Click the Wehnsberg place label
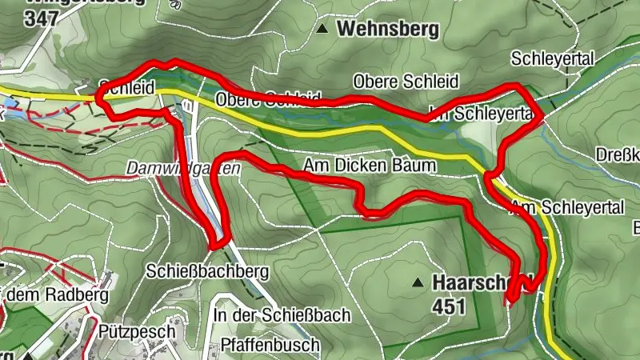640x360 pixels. (x=388, y=30)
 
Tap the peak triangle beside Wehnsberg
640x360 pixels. (x=322, y=30)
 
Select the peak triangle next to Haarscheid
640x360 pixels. (x=418, y=282)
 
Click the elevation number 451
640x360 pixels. (x=449, y=306)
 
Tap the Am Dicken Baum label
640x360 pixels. (x=369, y=166)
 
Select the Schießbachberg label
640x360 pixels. (x=201, y=271)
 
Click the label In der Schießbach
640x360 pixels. (x=281, y=315)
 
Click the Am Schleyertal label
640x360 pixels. (x=567, y=208)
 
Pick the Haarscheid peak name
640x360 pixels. (x=480, y=282)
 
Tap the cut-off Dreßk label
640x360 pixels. (x=618, y=154)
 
